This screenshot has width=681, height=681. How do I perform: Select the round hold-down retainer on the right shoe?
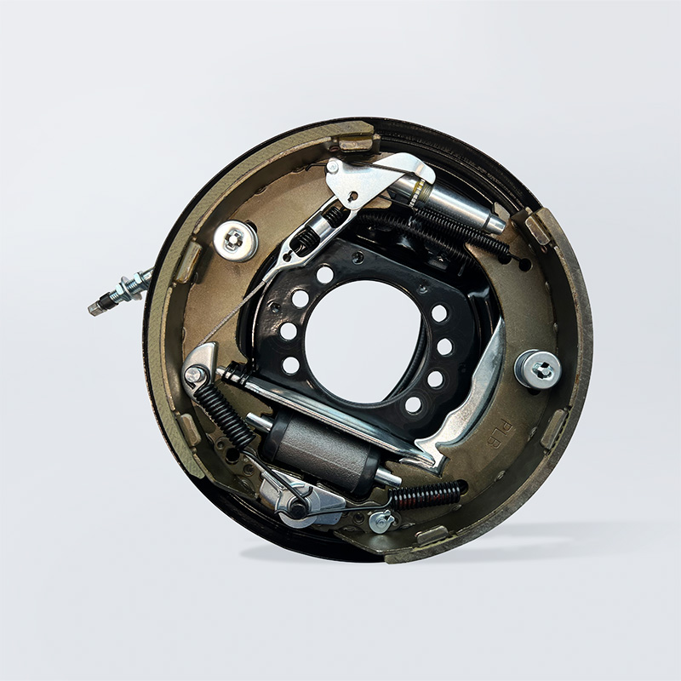tap(538, 369)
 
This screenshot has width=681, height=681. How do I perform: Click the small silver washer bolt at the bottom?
tap(382, 521)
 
